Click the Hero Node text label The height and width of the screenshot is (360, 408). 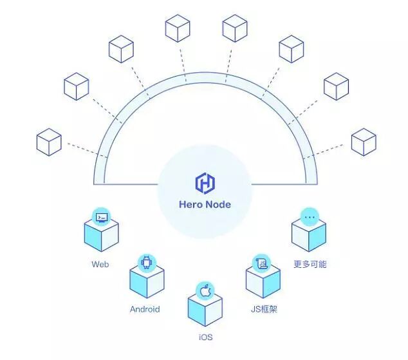[x=204, y=205]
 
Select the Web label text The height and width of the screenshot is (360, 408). [x=100, y=264]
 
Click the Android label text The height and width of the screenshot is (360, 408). [x=145, y=308]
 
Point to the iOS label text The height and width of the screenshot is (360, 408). [x=205, y=337]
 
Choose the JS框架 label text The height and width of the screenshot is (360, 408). [x=264, y=308]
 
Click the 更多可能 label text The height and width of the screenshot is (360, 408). [x=310, y=264]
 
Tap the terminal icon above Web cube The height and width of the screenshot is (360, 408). [x=101, y=217]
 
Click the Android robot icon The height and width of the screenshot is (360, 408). [x=147, y=262]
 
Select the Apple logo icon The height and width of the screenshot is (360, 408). [x=205, y=291]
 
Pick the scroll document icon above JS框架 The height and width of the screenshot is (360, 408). [x=264, y=262]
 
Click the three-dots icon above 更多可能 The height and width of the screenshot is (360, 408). [x=310, y=217]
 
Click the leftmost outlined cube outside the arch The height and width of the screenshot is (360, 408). [x=49, y=142]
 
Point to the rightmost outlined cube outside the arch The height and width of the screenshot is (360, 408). [x=364, y=142]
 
